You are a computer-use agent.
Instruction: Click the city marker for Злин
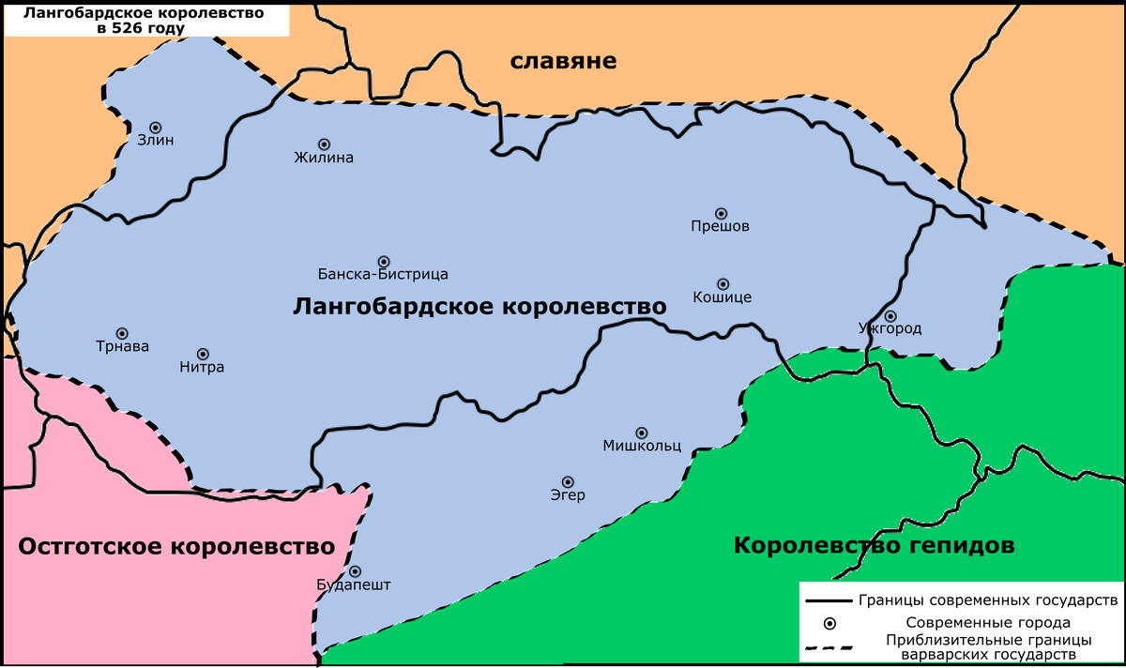point(156,128)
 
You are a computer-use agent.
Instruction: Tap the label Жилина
point(324,159)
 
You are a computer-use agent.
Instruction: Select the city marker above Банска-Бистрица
point(383,261)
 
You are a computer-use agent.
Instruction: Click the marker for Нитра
point(203,353)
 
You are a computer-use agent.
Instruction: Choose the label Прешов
point(720,227)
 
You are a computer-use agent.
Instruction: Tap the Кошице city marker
point(723,283)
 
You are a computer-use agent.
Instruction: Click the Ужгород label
point(890,329)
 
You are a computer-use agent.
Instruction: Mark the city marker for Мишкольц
point(641,433)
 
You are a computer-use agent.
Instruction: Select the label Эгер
point(568,495)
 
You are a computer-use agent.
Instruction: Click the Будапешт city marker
point(355,570)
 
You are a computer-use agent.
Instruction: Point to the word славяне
point(563,62)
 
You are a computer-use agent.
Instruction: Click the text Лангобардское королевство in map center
point(479,307)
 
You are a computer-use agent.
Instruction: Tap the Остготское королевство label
point(176,547)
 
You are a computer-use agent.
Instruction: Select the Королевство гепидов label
point(874,545)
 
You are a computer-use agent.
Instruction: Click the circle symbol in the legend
point(829,623)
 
